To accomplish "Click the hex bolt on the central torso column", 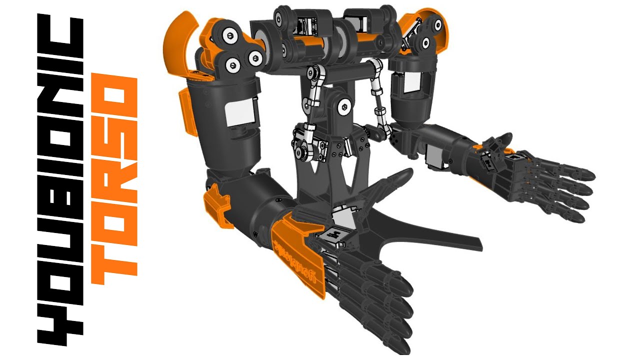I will click(344, 106).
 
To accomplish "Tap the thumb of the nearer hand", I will click(395, 180).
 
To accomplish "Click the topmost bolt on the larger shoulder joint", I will click(229, 35).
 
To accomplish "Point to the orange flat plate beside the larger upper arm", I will click(185, 112).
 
